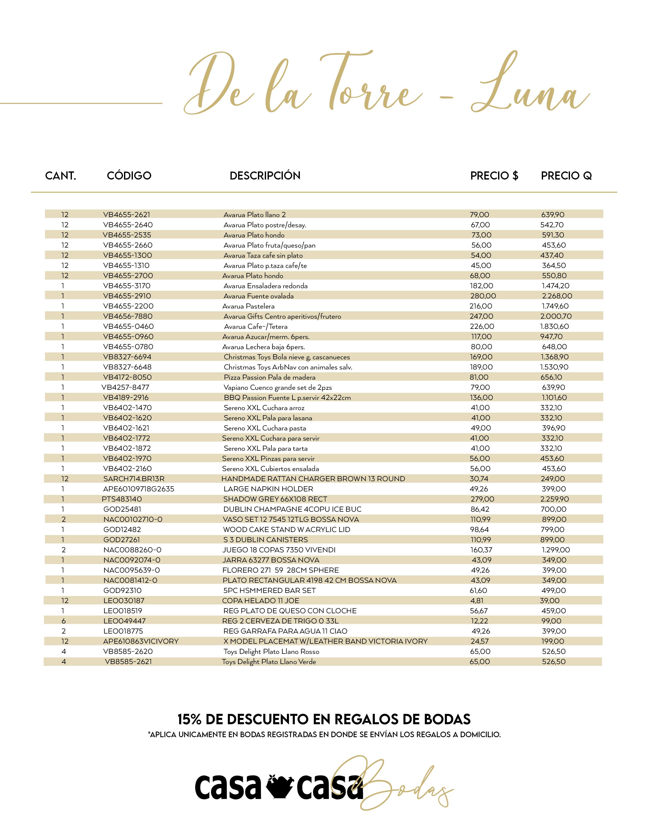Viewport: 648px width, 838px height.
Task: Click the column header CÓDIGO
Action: [x=129, y=176]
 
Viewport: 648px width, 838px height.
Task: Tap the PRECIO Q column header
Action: [x=566, y=176]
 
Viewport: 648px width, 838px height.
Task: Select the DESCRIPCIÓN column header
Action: [x=265, y=176]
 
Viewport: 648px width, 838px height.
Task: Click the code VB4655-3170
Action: [x=127, y=286]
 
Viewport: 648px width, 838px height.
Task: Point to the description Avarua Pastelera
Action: [x=248, y=306]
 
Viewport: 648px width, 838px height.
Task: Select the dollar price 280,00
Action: [x=483, y=296]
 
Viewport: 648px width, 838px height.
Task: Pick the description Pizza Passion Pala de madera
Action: [x=269, y=377]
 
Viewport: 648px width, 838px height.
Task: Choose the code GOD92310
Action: [x=122, y=590]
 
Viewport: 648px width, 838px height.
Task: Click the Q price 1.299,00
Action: [x=556, y=550]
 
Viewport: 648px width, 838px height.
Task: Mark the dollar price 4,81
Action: [x=476, y=601]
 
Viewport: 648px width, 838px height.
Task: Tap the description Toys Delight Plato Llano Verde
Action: [x=269, y=662]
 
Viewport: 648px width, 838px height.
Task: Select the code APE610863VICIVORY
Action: [x=141, y=641]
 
